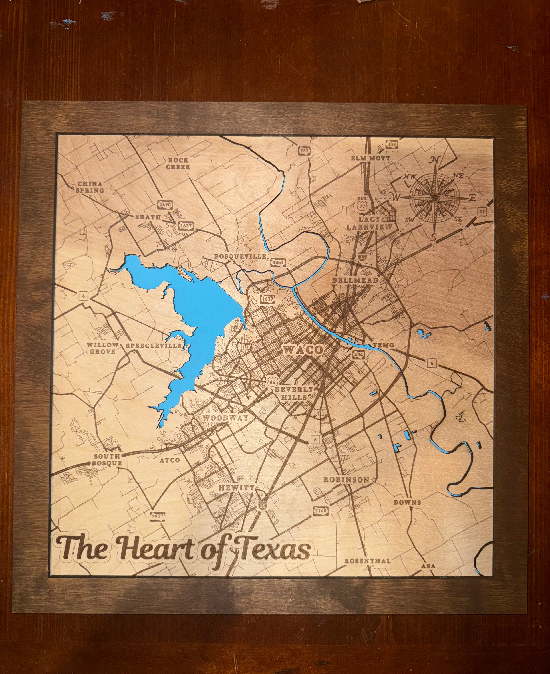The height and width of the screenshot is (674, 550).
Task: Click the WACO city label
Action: pyautogui.click(x=303, y=350)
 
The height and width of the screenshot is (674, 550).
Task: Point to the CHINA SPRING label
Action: pyautogui.click(x=90, y=187)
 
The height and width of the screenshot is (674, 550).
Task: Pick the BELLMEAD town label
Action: pyautogui.click(x=355, y=280)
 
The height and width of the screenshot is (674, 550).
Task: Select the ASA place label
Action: pyautogui.click(x=428, y=566)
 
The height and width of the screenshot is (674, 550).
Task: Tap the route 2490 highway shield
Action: pyautogui.click(x=165, y=205)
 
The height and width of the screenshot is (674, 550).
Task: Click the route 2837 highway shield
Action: pyautogui.click(x=157, y=516)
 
